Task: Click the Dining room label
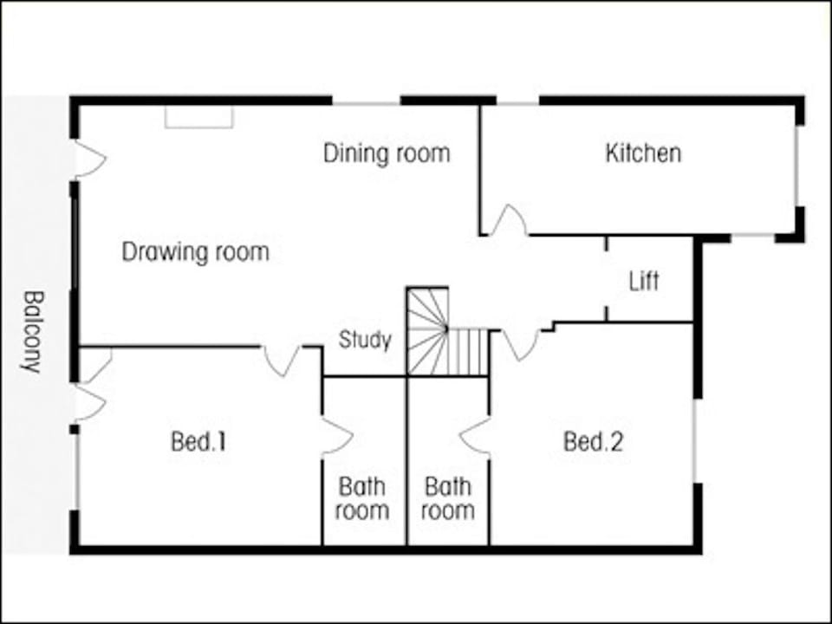(x=387, y=154)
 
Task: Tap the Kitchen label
(x=642, y=154)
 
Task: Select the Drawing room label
(x=195, y=252)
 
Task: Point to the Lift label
(x=644, y=282)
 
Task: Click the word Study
(x=365, y=340)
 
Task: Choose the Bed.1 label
(x=198, y=442)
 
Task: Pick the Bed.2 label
(x=593, y=442)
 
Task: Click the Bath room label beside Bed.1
(x=362, y=498)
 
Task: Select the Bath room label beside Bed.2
(x=447, y=498)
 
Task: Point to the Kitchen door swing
(x=509, y=221)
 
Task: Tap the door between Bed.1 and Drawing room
(x=282, y=360)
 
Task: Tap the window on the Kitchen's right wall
(x=796, y=166)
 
